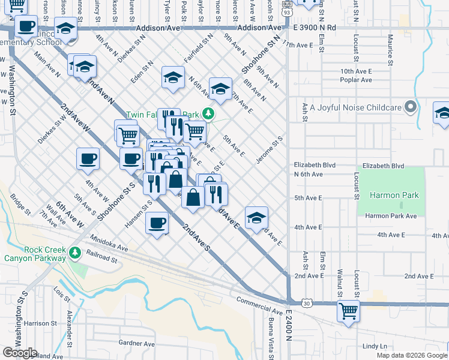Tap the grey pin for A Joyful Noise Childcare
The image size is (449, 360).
[411, 107]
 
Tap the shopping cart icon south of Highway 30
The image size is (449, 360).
[348, 311]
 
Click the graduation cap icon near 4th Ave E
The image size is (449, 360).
[256, 217]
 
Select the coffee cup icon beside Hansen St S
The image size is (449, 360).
[157, 223]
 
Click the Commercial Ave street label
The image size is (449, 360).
[259, 306]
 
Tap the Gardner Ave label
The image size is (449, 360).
[137, 344]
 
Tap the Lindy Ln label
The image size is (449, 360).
[375, 346]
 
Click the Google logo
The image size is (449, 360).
[20, 353]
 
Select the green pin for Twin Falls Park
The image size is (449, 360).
[208, 113]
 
